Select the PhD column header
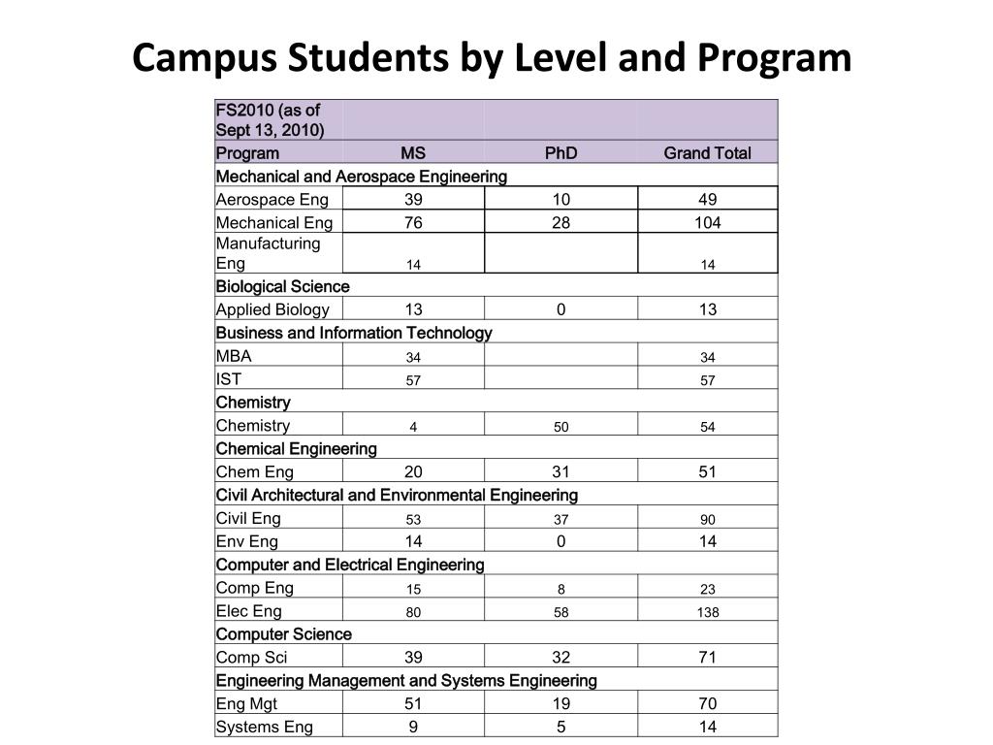pyautogui.click(x=561, y=153)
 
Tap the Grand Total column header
pyautogui.click(x=707, y=153)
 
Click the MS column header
pyautogui.click(x=413, y=153)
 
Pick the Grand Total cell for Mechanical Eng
pyautogui.click(x=707, y=223)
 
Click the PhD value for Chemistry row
pyautogui.click(x=561, y=427)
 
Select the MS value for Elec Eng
pyautogui.click(x=413, y=612)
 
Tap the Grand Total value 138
pyautogui.click(x=707, y=612)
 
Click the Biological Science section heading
pyautogui.click(x=282, y=286)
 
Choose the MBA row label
pyautogui.click(x=234, y=356)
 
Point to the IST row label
pyautogui.click(x=229, y=379)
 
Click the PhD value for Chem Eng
pyautogui.click(x=561, y=472)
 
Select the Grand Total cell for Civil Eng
pyautogui.click(x=707, y=519)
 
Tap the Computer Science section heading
pyautogui.click(x=283, y=634)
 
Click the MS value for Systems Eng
pyautogui.click(x=413, y=728)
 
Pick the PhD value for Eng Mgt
pyautogui.click(x=561, y=704)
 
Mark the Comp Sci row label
pyautogui.click(x=251, y=658)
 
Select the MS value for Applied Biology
pyautogui.click(x=413, y=309)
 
